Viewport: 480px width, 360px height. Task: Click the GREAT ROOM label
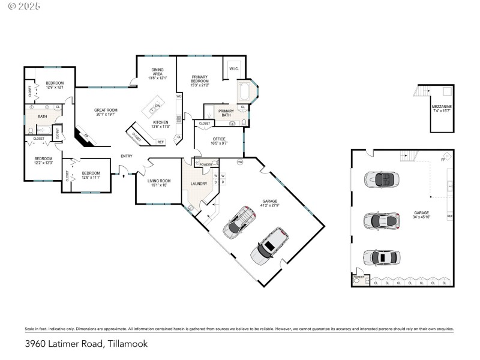coord(106,110)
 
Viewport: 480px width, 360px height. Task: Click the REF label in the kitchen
coord(160,142)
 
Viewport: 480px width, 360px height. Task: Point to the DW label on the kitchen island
coord(157,106)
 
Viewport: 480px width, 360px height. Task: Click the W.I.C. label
coord(233,69)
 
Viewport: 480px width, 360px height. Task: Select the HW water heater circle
coord(239,162)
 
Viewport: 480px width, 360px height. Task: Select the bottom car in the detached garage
coord(380,257)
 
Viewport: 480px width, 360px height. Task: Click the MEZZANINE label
coord(442,106)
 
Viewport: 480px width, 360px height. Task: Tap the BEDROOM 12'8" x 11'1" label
coord(91,173)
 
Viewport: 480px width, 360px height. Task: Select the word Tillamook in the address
coord(127,344)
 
